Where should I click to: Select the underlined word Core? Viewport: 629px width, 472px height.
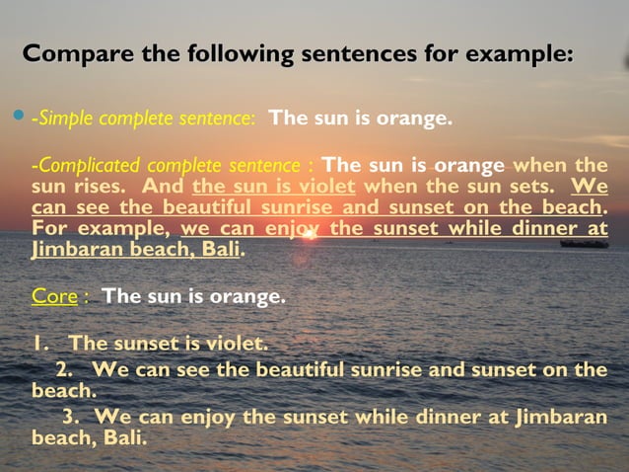click(54, 295)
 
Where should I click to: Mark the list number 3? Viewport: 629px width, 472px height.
click(70, 416)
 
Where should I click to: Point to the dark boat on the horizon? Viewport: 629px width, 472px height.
click(584, 242)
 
